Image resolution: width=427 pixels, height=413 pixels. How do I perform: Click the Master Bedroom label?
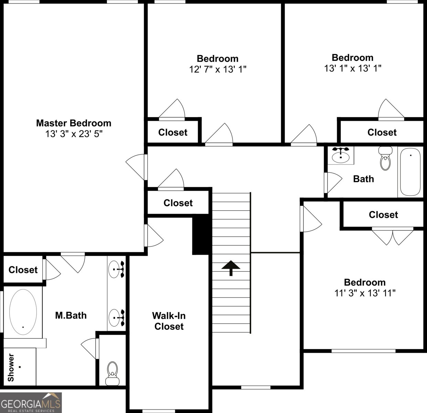tap(74, 123)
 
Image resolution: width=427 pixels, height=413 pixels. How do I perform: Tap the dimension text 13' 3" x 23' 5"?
tap(74, 134)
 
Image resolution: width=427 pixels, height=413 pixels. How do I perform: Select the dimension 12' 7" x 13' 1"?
tap(218, 69)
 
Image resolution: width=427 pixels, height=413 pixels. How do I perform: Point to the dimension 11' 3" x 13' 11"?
tap(365, 293)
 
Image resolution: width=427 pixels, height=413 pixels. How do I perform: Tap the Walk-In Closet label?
tap(169, 321)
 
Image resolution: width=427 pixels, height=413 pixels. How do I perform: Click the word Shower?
tap(11, 367)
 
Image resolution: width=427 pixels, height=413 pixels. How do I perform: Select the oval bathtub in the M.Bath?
tap(23, 312)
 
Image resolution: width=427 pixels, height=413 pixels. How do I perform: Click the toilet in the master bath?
tap(113, 373)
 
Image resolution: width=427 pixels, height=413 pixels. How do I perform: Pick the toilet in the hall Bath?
tap(385, 158)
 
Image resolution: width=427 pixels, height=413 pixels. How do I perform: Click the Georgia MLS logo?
tap(31, 402)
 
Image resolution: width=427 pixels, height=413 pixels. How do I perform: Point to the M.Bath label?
tap(71, 315)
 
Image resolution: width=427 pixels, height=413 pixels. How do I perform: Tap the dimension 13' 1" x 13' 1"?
tap(353, 68)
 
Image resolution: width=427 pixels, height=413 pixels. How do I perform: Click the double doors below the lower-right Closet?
tap(393, 236)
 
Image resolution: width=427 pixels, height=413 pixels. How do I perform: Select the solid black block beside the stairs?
tap(200, 236)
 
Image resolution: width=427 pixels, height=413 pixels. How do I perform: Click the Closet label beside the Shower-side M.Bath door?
tap(23, 270)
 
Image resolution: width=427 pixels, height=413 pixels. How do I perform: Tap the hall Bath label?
tap(364, 179)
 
